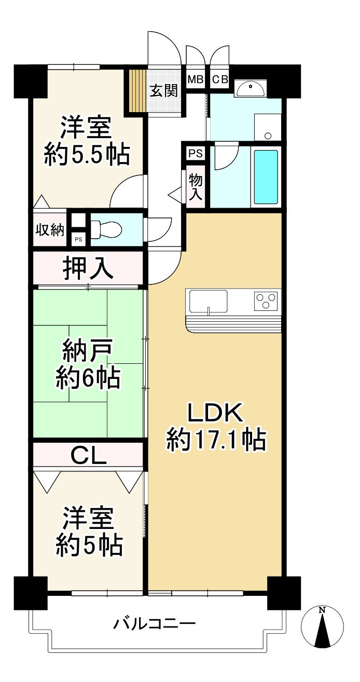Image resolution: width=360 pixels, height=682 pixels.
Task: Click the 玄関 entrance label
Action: (x=163, y=91)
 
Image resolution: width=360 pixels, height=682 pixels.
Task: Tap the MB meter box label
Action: (x=196, y=80)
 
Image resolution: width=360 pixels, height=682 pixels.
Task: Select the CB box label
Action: (x=220, y=80)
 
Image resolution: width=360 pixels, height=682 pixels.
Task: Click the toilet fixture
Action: (x=106, y=229)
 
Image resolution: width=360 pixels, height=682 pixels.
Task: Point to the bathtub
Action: (x=266, y=177)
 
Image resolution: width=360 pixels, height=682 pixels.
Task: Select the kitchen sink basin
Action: (x=209, y=301)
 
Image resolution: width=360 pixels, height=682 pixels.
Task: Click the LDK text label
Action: (x=215, y=413)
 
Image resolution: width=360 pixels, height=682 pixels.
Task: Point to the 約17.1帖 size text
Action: (x=216, y=440)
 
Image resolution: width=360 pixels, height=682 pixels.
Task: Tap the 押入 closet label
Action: (x=88, y=269)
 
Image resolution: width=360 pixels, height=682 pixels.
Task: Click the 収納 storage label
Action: (x=50, y=230)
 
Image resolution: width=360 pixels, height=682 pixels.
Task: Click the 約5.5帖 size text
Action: (x=87, y=155)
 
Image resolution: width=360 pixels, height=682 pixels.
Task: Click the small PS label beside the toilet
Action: (x=78, y=239)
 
